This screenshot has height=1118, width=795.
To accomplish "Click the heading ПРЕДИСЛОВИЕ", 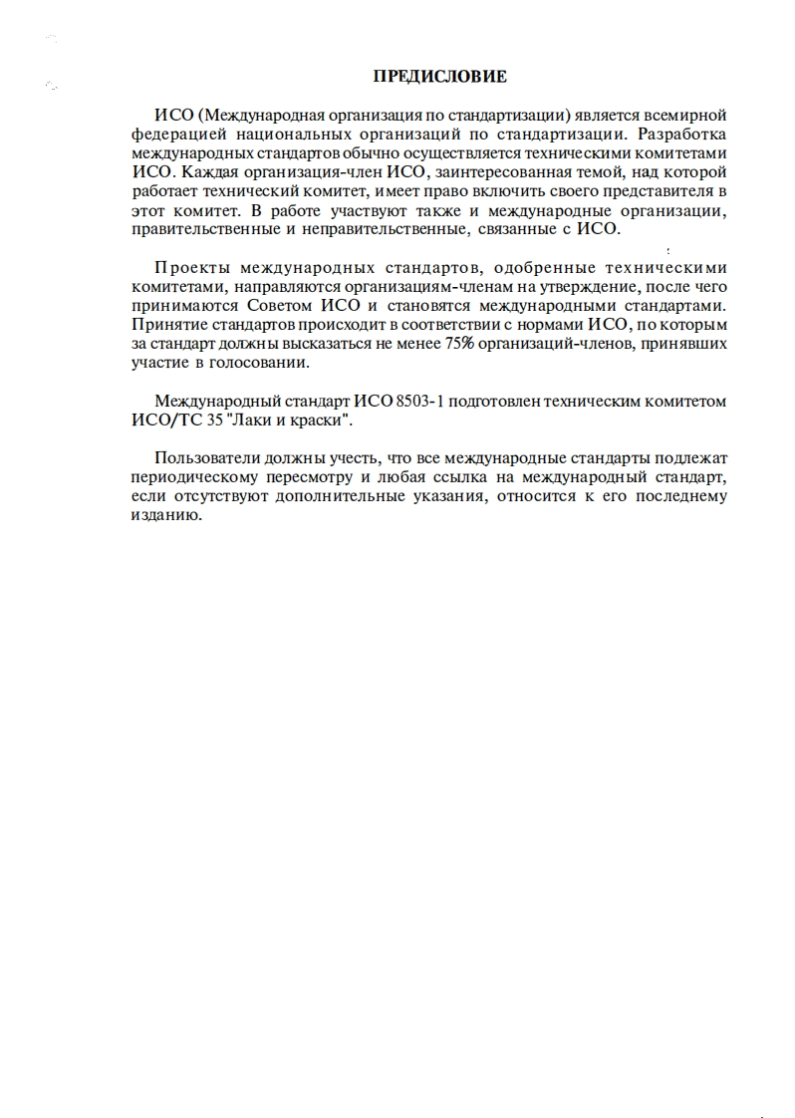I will (x=439, y=76).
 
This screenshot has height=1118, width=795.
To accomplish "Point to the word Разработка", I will (x=682, y=135).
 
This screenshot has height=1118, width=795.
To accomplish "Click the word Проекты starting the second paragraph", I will (x=190, y=269).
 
